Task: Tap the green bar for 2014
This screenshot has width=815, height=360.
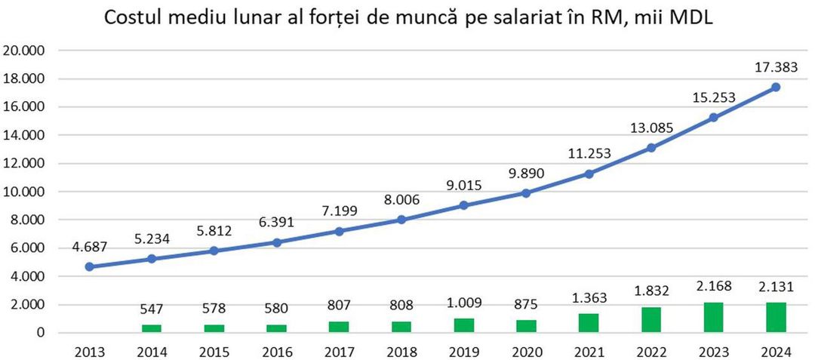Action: pyautogui.click(x=152, y=328)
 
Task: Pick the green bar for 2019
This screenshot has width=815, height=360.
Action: pyautogui.click(x=464, y=325)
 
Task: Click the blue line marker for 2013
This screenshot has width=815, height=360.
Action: pyautogui.click(x=91, y=266)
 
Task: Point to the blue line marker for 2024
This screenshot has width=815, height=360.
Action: pyautogui.click(x=775, y=87)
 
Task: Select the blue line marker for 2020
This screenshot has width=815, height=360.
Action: pyautogui.click(x=526, y=192)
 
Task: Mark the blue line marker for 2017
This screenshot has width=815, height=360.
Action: pyautogui.click(x=339, y=231)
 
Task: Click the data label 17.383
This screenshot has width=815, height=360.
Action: pyautogui.click(x=775, y=67)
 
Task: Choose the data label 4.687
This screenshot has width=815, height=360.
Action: pyautogui.click(x=91, y=246)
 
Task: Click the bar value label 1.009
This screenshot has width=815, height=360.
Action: pyautogui.click(x=464, y=306)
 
